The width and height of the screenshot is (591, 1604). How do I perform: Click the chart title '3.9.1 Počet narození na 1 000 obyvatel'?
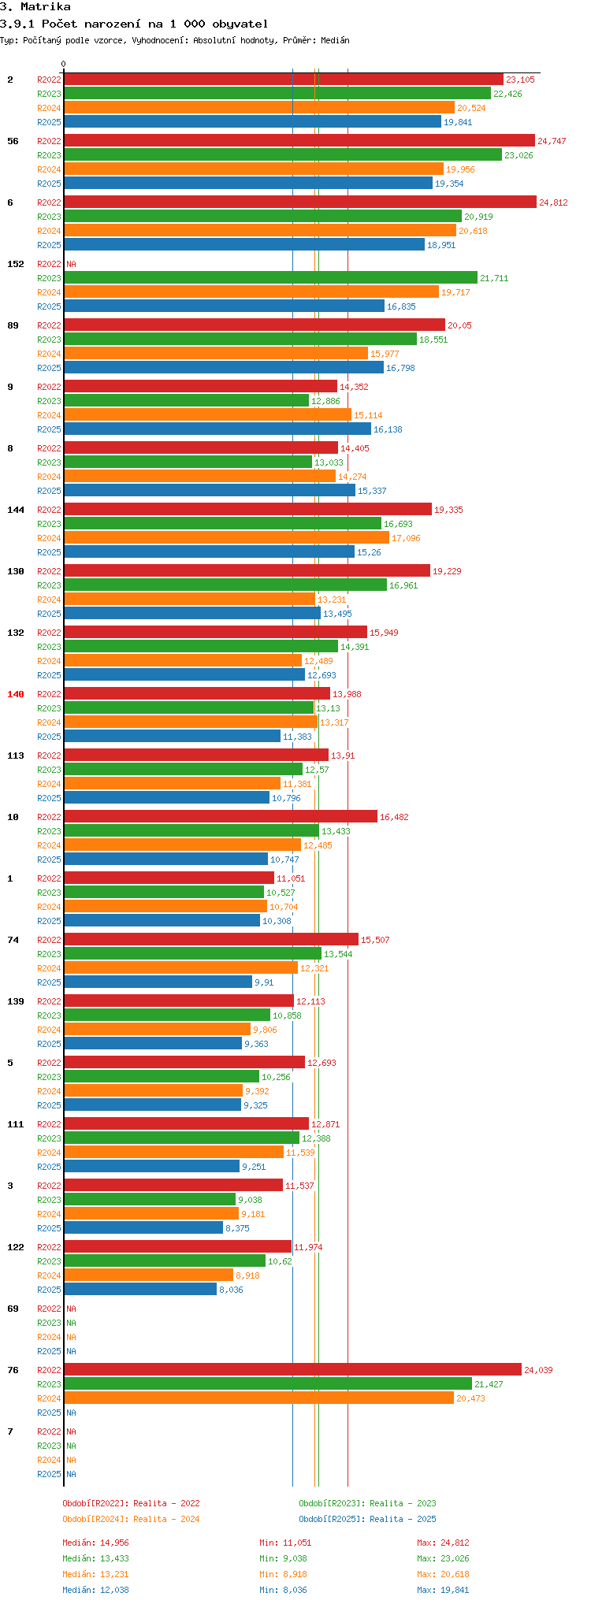[x=134, y=24]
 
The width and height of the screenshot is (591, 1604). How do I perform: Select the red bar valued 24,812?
[x=299, y=202]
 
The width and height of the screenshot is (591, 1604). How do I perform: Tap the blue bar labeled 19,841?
[x=252, y=122]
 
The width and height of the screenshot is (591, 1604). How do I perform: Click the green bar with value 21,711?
[x=270, y=278]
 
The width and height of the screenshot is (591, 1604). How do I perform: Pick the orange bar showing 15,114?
[x=207, y=415]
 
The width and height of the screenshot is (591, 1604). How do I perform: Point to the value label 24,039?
[x=538, y=1370]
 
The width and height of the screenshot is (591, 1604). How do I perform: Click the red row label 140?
[x=16, y=694]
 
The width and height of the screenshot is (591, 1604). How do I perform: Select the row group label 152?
[x=16, y=264]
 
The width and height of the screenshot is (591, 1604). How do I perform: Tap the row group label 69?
[x=13, y=1309]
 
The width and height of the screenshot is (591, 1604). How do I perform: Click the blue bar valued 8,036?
[x=140, y=1290]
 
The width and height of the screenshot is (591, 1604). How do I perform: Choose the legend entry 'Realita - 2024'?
[x=131, y=1519]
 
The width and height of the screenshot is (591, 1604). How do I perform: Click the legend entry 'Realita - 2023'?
[x=367, y=1503]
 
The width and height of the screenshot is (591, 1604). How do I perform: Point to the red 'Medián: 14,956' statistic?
[x=95, y=1543]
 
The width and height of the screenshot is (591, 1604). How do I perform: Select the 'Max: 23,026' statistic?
[x=443, y=1558]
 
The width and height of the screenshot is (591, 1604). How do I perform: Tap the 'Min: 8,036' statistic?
[x=282, y=1590]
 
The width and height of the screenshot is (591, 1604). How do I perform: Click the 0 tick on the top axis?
[x=64, y=65]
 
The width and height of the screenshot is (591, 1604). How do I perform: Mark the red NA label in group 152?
[x=71, y=264]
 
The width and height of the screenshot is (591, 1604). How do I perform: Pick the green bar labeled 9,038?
[x=150, y=1200]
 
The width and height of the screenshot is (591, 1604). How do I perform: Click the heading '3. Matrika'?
[x=35, y=7]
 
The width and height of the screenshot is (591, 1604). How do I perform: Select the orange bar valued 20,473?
[x=258, y=1398]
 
